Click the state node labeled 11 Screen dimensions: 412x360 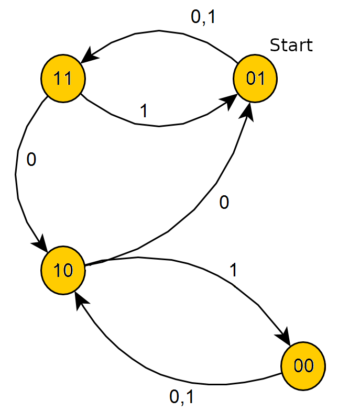tap(63, 79)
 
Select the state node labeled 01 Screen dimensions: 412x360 tap(255, 79)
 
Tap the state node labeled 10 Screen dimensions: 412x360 tap(63, 270)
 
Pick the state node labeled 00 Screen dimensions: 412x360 tap(303, 366)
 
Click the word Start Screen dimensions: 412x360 tap(291, 46)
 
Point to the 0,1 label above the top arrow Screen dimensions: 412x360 tap(203, 17)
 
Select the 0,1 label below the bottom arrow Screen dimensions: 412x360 tap(182, 397)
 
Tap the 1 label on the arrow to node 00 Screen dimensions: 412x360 tap(234, 270)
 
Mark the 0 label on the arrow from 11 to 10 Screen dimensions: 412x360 tap(31, 160)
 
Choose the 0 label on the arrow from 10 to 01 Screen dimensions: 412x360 tap(224, 203)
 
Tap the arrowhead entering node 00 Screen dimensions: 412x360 tap(283, 337)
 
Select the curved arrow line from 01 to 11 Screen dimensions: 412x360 tap(157, 32)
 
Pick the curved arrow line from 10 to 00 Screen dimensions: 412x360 tap(210, 272)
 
